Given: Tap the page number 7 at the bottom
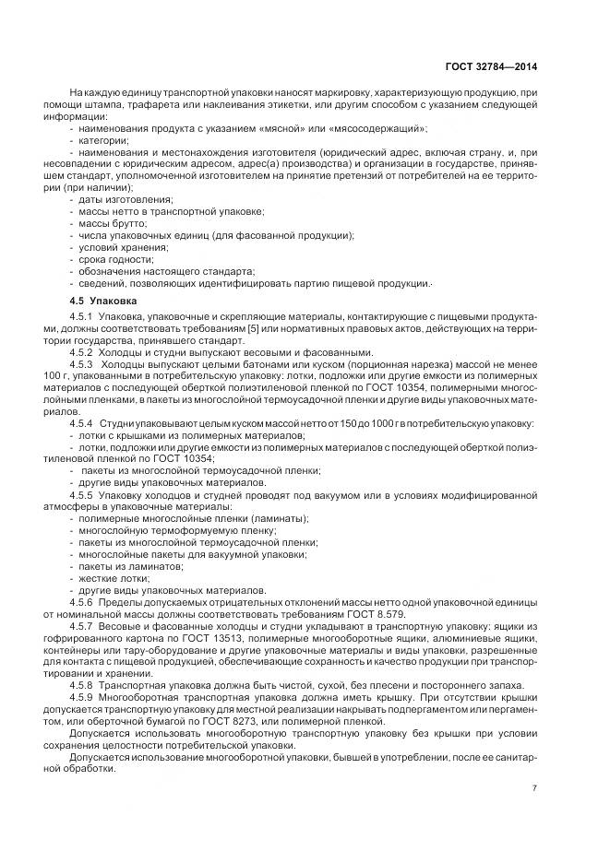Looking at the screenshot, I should click(534, 787).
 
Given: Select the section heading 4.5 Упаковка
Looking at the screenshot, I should click(103, 301).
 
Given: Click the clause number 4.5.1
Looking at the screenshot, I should click(84, 317).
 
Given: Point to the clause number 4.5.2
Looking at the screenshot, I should click(84, 352).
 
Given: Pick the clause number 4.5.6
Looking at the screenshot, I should click(84, 601).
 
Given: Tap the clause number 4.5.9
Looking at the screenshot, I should click(84, 698).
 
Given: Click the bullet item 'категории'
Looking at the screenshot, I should click(102, 139).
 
